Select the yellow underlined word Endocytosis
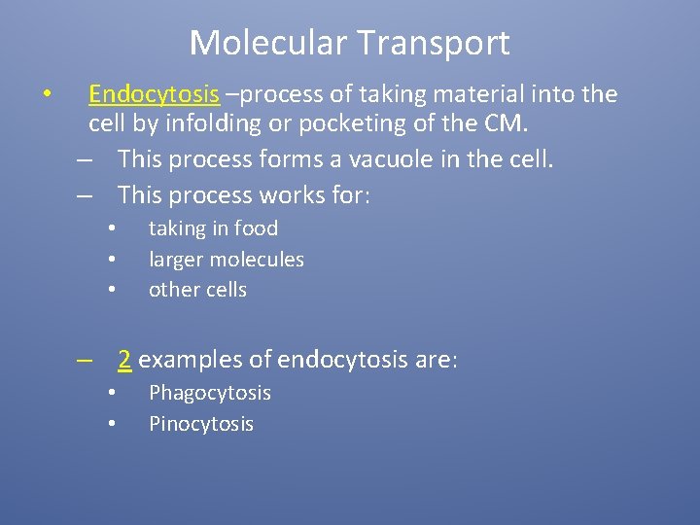point(154,94)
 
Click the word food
point(257,228)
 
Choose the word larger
point(177,260)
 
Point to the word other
point(171,290)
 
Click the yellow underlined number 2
point(124,360)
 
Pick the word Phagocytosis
point(209,393)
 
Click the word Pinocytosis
point(200,424)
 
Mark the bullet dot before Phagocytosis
point(112,393)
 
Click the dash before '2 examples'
point(87,361)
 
